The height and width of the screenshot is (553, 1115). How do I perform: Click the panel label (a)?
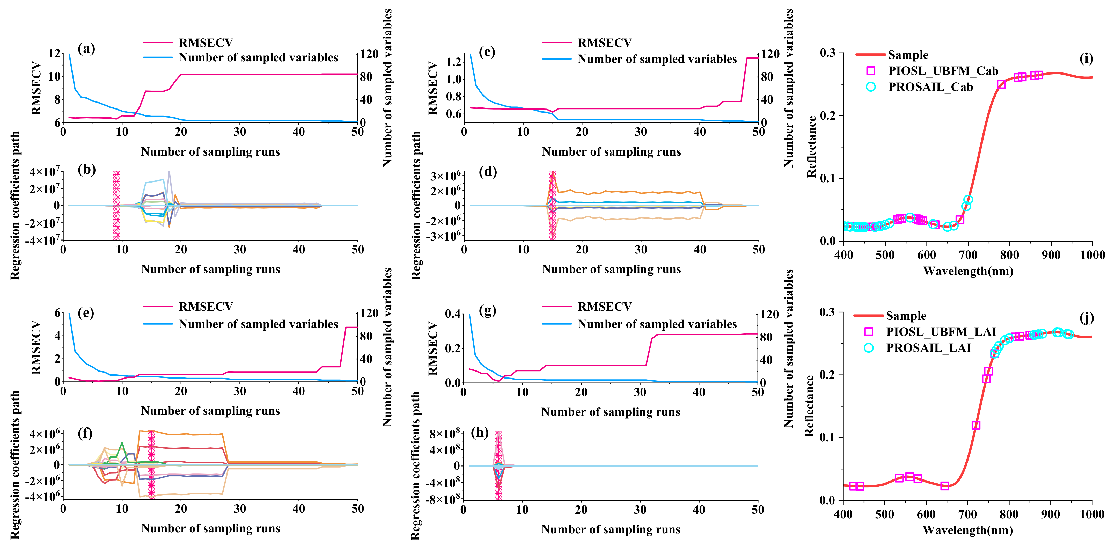[x=86, y=49]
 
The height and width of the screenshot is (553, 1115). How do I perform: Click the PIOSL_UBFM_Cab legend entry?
[x=943, y=71]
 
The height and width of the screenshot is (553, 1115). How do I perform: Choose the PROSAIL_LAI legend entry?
[x=928, y=348]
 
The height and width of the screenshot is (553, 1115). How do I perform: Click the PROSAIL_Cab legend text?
[x=931, y=87]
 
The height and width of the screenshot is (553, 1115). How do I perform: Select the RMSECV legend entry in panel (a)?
[x=206, y=43]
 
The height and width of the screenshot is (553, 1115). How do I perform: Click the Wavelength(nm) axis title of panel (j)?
[x=967, y=530]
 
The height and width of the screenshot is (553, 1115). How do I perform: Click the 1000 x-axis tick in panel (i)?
[x=1092, y=255]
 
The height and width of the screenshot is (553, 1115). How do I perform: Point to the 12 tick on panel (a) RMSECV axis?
[x=55, y=54]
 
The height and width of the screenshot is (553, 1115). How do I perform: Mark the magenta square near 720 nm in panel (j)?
[x=976, y=425]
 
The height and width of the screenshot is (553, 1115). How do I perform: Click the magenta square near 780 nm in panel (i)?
[x=1001, y=84]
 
